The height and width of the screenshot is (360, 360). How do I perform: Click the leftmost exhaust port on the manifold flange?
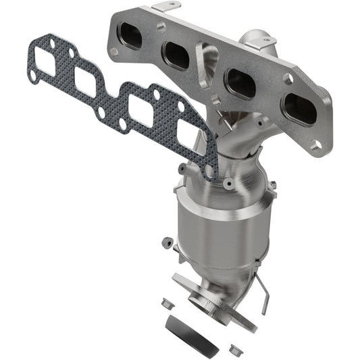pyautogui.click(x=131, y=35)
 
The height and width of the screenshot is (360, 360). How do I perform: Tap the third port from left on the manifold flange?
pyautogui.click(x=240, y=82)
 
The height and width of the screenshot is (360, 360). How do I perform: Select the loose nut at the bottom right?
pyautogui.click(x=235, y=350)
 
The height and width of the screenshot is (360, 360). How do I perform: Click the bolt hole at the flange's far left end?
pyautogui.click(x=115, y=20)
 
